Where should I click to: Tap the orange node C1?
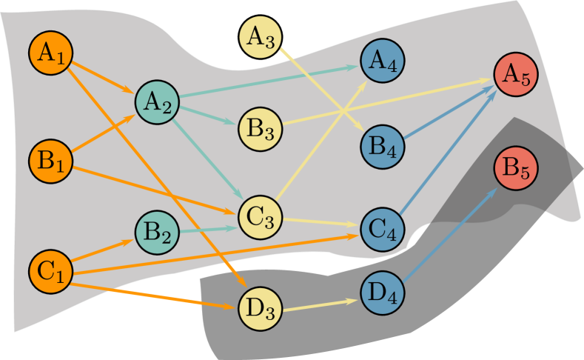point(50,270)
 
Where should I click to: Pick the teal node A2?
point(156,103)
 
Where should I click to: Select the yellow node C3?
point(261,216)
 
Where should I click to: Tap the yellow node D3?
point(261,308)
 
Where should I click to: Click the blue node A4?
point(383,60)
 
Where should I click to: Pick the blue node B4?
point(383,145)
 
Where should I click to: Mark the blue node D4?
point(383,292)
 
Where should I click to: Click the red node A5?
point(516,75)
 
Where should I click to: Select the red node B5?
point(516,170)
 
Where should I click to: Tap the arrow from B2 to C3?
point(208,230)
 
